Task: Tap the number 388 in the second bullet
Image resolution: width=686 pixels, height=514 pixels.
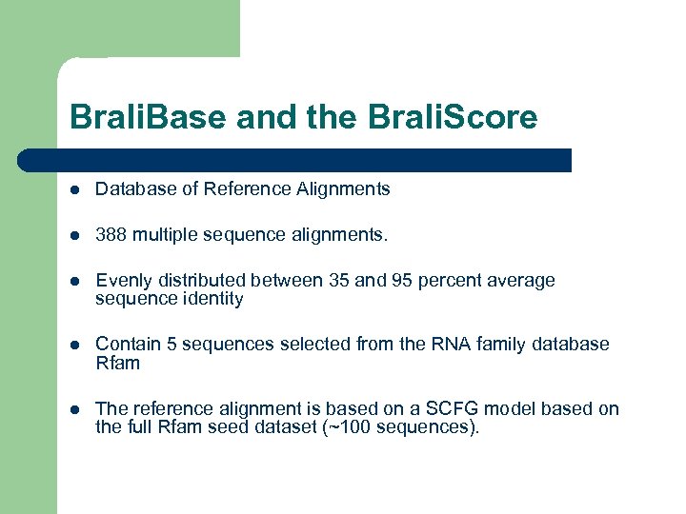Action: [x=111, y=234]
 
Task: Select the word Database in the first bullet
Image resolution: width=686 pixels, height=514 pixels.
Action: [x=131, y=188]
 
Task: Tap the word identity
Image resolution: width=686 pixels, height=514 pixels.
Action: [x=212, y=299]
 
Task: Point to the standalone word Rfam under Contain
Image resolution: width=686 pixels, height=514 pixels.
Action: [x=118, y=363]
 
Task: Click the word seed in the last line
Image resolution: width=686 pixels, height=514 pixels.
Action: [x=248, y=426]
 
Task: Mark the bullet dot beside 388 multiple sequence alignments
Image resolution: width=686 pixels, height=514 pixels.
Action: [x=74, y=235]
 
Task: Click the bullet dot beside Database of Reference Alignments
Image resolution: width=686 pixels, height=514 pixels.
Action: [x=74, y=189]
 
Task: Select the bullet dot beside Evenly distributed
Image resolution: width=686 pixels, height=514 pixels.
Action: [x=74, y=282]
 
